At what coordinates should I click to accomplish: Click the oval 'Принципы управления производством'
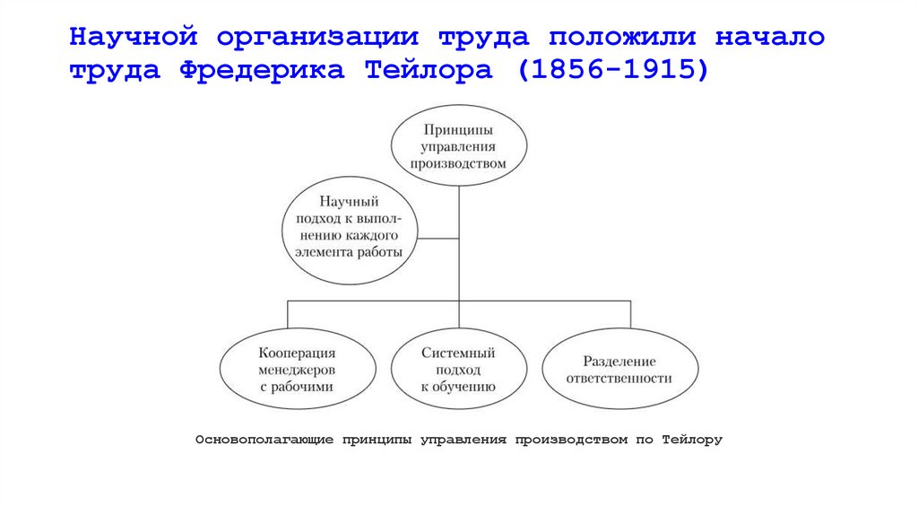click(x=458, y=145)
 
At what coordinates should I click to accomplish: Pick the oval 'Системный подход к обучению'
click(x=458, y=370)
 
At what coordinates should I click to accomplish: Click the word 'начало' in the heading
click(x=770, y=39)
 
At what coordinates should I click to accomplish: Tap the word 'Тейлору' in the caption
click(x=691, y=440)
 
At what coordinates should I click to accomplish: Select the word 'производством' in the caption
click(x=571, y=440)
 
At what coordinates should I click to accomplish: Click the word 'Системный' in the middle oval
click(x=458, y=354)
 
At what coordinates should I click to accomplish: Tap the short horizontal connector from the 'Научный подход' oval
click(x=437, y=238)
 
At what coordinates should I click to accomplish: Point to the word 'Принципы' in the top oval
click(x=458, y=130)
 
